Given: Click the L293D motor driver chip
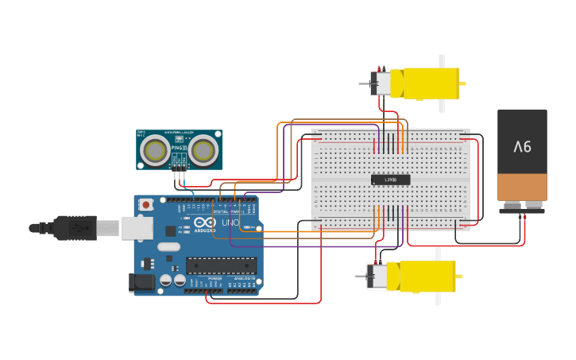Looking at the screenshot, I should click(390, 180).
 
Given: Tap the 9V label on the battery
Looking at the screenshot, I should click(522, 146).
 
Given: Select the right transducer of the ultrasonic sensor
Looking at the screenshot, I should click(203, 149).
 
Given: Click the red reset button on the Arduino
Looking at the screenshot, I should click(146, 205).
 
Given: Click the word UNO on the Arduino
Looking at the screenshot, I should click(229, 223).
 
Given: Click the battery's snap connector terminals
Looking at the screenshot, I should click(522, 210).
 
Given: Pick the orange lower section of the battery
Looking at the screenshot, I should click(522, 187).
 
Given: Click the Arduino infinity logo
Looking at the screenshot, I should click(204, 223).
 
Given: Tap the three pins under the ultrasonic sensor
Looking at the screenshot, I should click(180, 174).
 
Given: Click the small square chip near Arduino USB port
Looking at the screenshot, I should click(170, 230).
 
